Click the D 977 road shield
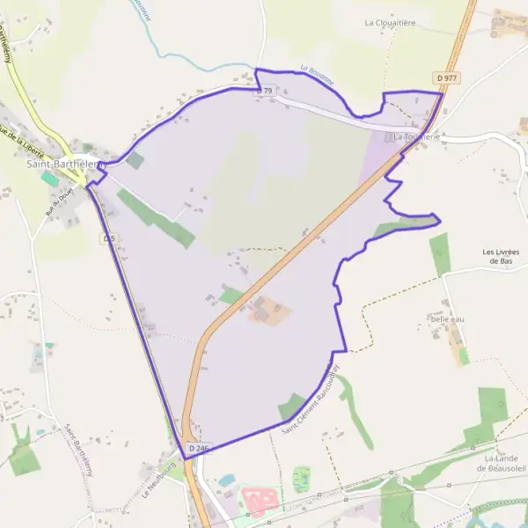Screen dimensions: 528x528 tap(446, 78)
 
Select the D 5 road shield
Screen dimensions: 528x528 tap(109, 238)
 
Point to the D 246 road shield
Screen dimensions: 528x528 tap(198, 449)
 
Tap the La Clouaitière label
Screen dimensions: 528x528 tap(393, 23)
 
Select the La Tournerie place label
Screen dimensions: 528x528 tap(418, 137)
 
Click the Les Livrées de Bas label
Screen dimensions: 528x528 tap(501, 256)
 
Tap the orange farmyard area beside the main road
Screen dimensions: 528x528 tap(269, 311)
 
